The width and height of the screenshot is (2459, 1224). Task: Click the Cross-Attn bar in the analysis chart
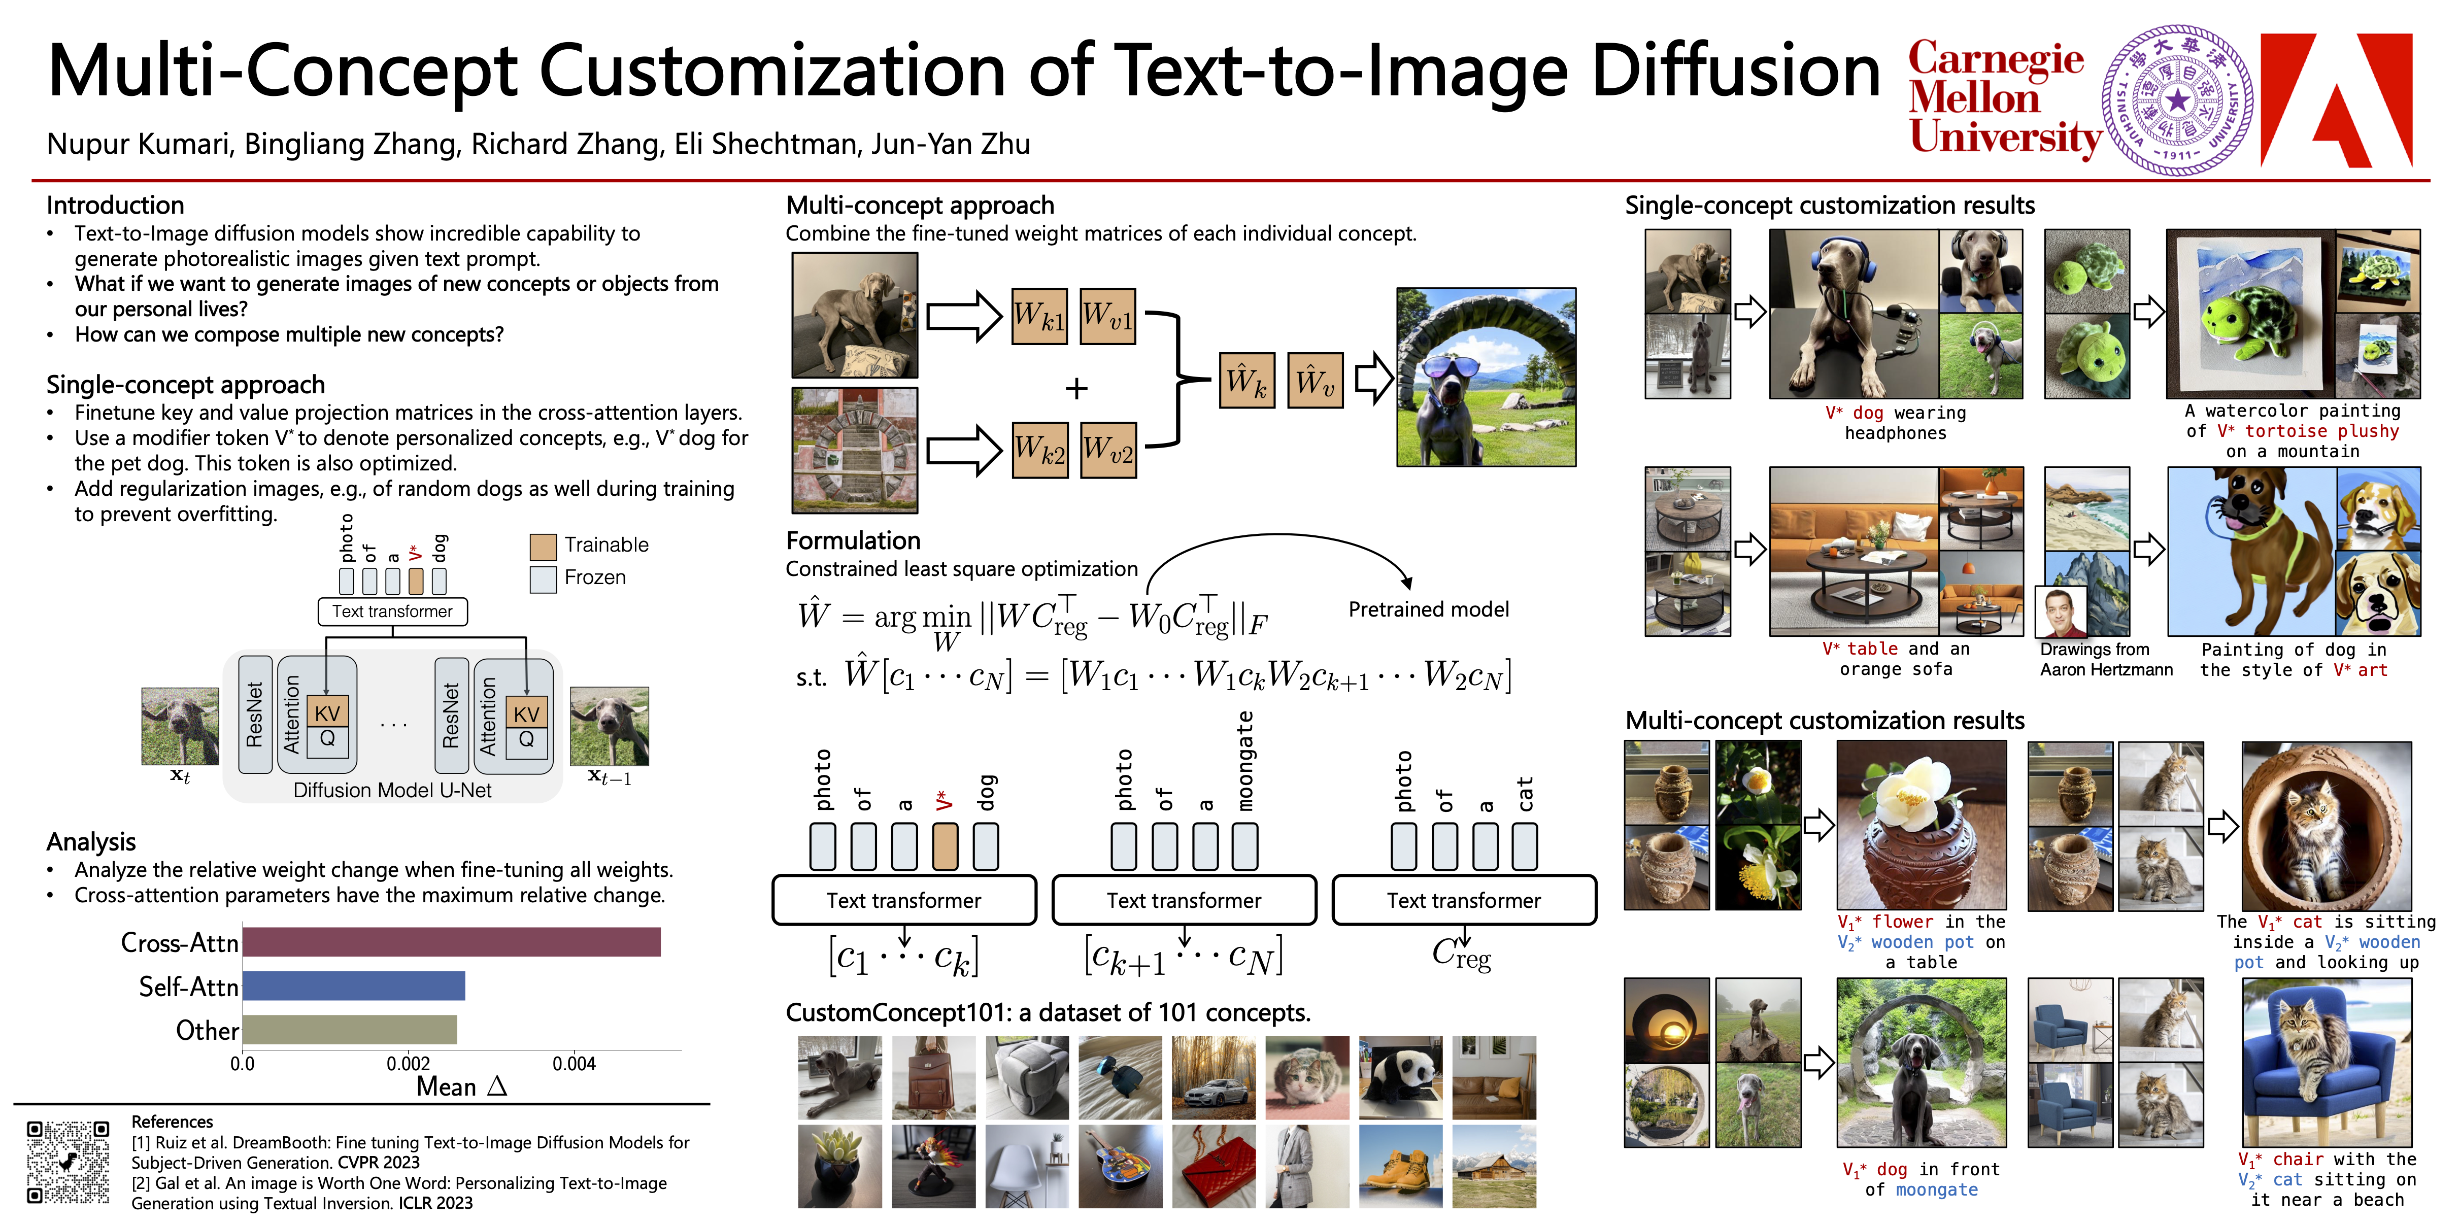452,942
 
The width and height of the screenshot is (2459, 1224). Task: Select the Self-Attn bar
354,987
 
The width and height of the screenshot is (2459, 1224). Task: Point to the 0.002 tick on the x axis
409,1064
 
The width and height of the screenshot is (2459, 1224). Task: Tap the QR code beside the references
68,1162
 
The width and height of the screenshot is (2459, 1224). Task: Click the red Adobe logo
2336,100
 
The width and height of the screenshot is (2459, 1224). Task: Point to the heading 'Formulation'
853,540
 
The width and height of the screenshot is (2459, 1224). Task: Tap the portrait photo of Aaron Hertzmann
2061,612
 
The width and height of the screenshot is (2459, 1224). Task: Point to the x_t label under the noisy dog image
180,776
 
